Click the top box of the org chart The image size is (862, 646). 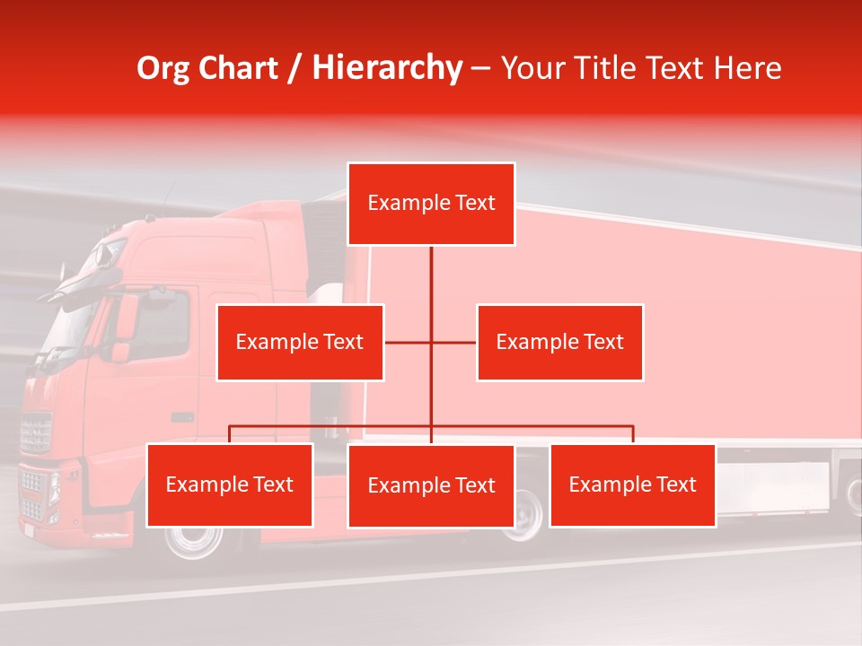click(431, 204)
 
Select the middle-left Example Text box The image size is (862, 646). click(300, 343)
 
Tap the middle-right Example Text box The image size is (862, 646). click(559, 343)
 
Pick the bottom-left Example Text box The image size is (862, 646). click(230, 485)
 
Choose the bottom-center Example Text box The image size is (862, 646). click(431, 486)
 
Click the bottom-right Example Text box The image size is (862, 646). click(633, 485)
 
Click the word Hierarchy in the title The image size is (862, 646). click(387, 68)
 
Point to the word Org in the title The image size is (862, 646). click(163, 68)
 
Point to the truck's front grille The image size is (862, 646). click(36, 433)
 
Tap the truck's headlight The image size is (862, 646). click(55, 488)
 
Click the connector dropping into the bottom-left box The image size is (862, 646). click(230, 434)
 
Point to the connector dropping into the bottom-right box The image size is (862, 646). click(633, 434)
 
